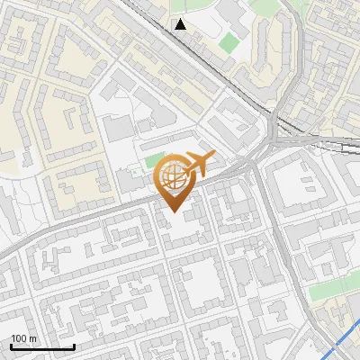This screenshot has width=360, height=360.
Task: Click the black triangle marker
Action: [181, 24]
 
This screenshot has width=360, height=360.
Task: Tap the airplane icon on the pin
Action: [198, 163]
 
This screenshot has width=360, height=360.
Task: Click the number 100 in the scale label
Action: [18, 339]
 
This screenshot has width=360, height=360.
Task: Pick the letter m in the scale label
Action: [32, 339]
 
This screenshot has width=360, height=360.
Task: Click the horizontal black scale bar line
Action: [42, 347]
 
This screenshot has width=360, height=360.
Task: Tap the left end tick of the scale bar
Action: [11, 346]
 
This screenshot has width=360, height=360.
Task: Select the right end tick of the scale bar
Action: [74, 346]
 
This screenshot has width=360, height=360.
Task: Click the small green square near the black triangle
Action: [230, 41]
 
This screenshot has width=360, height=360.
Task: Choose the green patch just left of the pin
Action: [152, 162]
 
